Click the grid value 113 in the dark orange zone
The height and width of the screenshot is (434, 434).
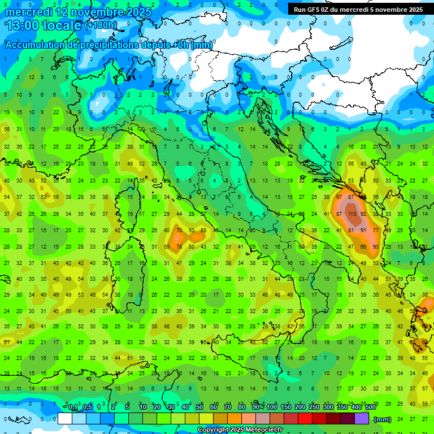pos(351,214)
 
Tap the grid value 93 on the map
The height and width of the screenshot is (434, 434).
pos(376,231)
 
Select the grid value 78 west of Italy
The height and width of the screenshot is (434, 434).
pos(179,246)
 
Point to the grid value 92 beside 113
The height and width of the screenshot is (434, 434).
pos(363,214)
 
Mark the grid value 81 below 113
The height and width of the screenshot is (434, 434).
pos(351,231)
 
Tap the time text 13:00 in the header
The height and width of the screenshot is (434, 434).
pos(23,25)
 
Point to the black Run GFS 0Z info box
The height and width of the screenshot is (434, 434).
pos(358,10)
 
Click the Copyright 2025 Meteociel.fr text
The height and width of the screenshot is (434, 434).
pos(240,429)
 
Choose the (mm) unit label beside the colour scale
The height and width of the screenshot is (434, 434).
pos(383,419)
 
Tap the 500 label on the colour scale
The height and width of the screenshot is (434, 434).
pos(371,407)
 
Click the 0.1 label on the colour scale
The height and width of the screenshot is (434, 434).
pos(73,407)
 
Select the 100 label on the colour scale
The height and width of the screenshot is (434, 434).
pos(272,407)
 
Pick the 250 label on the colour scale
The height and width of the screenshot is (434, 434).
pos(314,407)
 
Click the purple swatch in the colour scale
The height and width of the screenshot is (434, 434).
pos(362,419)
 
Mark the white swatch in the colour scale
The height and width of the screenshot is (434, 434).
pos(65,419)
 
